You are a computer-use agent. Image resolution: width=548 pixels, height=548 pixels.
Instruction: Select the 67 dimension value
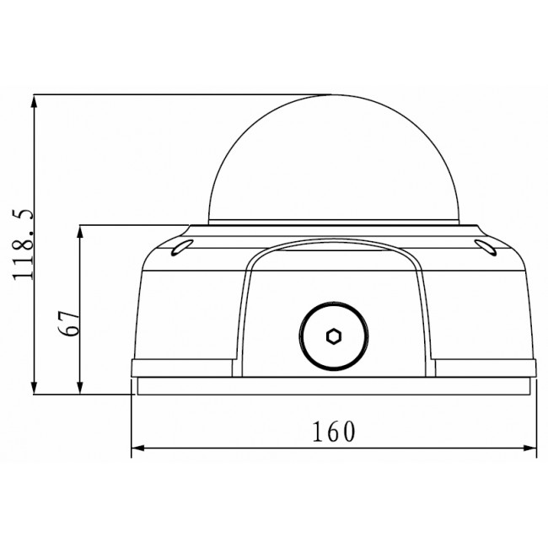(72, 322)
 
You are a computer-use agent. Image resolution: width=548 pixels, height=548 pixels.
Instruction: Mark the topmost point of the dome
(333, 94)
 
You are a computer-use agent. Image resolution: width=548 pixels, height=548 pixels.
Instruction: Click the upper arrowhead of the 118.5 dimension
(34, 100)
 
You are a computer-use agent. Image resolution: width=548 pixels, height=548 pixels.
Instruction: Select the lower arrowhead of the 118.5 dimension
(34, 387)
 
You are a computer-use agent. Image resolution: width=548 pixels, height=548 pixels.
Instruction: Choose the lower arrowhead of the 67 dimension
(80, 387)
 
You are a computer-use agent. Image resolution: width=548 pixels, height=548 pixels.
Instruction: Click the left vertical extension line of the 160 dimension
(132, 422)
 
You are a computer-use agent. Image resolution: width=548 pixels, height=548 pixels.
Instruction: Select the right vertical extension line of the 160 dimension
(537, 422)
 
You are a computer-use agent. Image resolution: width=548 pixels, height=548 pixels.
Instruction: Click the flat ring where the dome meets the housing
(333, 225)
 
